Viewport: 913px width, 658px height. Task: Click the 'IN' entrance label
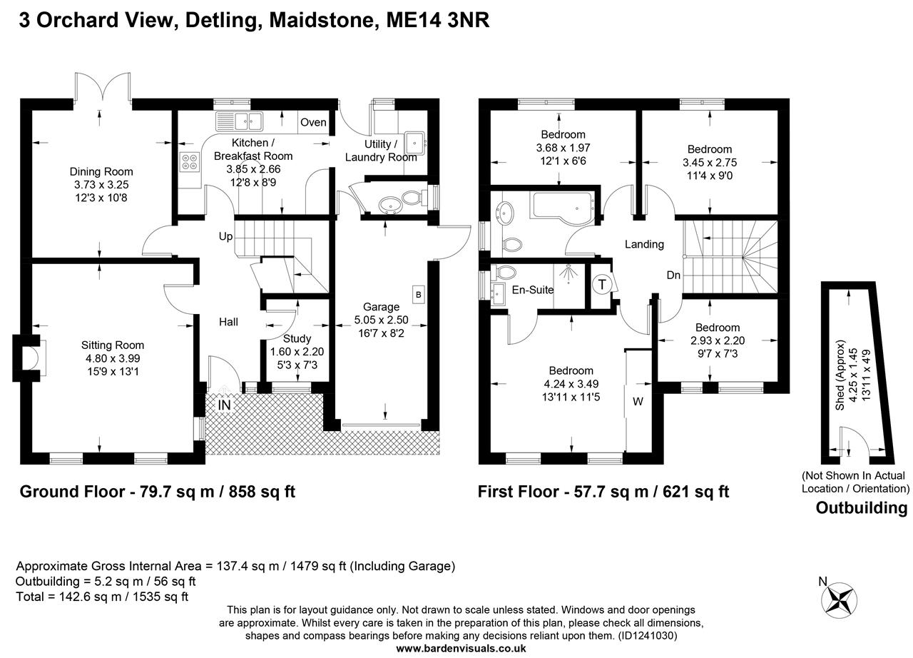click(x=224, y=405)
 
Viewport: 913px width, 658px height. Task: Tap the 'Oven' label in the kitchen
click(x=313, y=122)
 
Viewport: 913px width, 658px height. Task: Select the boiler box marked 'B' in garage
click(x=418, y=294)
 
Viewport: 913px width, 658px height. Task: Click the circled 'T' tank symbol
click(x=602, y=285)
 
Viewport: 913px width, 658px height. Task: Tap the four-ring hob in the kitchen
click(x=190, y=163)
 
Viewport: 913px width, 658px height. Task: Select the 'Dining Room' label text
click(x=101, y=171)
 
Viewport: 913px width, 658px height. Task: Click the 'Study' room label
click(x=297, y=338)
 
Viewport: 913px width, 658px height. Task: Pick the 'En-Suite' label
click(x=534, y=290)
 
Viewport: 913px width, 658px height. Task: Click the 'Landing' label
click(x=644, y=244)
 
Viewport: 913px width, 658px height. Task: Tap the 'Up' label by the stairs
click(x=225, y=236)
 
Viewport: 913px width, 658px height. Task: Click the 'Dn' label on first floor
click(x=673, y=275)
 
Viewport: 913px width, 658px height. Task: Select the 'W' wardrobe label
click(x=638, y=402)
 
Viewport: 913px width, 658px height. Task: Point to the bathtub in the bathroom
click(x=560, y=206)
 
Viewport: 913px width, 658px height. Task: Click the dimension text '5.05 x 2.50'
click(x=382, y=320)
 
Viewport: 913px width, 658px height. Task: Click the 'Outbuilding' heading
click(x=861, y=508)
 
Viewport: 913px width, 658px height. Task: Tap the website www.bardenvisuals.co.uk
click(x=461, y=648)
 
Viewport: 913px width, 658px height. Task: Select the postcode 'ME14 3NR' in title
click(x=437, y=20)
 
